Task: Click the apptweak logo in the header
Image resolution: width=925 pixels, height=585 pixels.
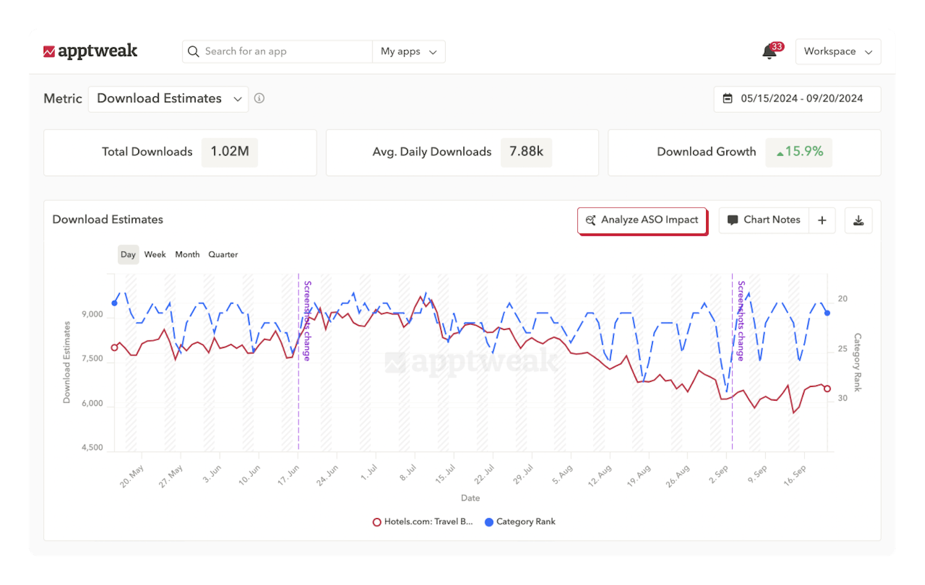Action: (90, 51)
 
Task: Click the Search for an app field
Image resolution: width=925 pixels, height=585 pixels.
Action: (277, 52)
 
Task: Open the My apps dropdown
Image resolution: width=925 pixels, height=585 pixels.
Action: (408, 52)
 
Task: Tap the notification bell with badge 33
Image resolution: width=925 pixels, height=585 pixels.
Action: (770, 52)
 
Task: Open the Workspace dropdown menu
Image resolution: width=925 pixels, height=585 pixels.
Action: (837, 52)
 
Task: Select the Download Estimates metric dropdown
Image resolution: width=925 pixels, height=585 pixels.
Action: (168, 99)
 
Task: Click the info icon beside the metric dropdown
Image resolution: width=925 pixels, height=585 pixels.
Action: (260, 98)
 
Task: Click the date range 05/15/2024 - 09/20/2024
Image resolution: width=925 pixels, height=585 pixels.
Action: (797, 99)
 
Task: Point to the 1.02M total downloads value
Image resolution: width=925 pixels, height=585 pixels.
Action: (229, 152)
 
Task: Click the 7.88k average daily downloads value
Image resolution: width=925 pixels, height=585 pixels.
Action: (526, 152)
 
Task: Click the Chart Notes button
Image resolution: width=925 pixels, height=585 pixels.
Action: (764, 220)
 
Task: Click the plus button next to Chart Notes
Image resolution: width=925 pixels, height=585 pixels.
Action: (822, 220)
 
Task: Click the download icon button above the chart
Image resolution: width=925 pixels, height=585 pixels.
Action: (858, 220)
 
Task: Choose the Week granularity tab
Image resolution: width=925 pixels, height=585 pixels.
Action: (155, 255)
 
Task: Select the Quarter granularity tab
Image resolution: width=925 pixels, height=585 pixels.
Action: (223, 255)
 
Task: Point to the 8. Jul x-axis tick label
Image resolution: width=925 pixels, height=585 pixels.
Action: (408, 473)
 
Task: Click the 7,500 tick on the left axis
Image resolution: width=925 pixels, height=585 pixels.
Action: (92, 359)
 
